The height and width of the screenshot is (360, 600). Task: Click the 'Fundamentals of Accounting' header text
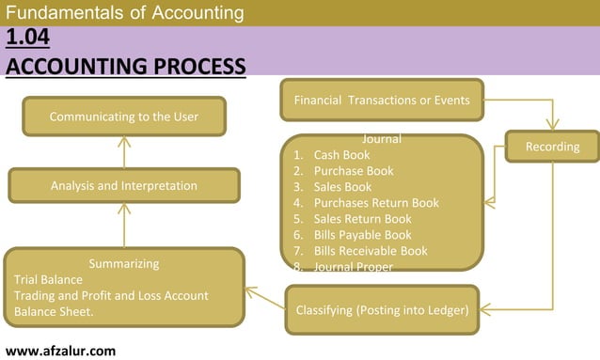click(124, 13)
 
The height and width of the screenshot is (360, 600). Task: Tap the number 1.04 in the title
click(27, 39)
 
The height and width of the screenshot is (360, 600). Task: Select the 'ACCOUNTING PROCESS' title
click(125, 66)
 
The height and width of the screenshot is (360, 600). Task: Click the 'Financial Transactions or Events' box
click(382, 100)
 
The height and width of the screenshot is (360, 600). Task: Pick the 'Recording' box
click(552, 147)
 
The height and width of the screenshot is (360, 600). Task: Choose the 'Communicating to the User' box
click(124, 117)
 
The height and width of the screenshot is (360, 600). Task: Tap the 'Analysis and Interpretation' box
click(124, 185)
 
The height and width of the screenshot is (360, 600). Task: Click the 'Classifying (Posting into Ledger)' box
click(382, 309)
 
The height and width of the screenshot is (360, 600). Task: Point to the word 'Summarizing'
click(123, 263)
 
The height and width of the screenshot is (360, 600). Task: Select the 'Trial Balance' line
click(48, 279)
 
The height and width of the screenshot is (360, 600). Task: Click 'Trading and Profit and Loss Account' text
click(111, 295)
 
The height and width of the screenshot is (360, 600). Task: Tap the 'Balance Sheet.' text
click(54, 311)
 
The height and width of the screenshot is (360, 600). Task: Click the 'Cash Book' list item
click(341, 155)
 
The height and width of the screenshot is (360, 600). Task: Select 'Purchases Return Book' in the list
click(375, 203)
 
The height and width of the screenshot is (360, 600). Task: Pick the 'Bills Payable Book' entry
click(362, 235)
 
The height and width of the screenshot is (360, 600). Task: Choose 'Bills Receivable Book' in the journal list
click(370, 251)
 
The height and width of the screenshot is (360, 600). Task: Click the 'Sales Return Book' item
click(362, 219)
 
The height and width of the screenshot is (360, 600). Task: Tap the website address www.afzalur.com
click(60, 350)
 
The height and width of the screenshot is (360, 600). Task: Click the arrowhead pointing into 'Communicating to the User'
click(124, 144)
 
